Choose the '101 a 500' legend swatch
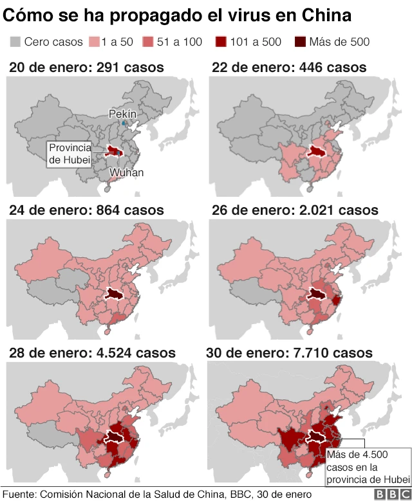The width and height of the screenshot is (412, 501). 221,42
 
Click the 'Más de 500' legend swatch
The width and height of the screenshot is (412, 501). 301,42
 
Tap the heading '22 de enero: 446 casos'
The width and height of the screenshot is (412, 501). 289,67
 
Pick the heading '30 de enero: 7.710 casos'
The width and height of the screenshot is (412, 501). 289,353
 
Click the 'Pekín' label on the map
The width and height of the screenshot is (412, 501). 122,113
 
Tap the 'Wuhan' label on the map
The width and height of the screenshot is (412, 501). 126,172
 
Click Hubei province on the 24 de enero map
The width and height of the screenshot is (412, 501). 114,294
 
